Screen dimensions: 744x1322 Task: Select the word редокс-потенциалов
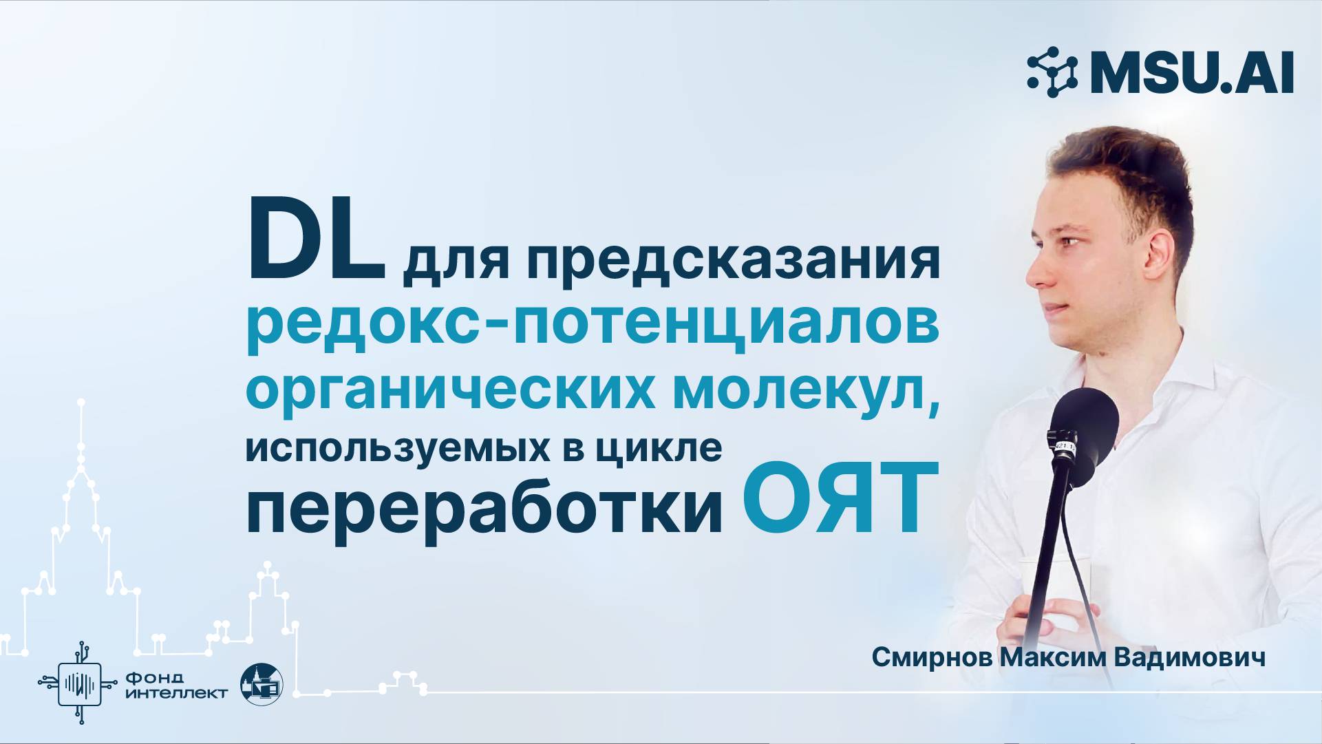(x=593, y=325)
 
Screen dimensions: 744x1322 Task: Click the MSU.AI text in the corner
(x=1191, y=72)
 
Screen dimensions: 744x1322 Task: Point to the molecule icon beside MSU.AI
(x=1052, y=72)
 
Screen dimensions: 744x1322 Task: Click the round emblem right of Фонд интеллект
(x=262, y=685)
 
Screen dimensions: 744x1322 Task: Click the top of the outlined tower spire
(x=81, y=402)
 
